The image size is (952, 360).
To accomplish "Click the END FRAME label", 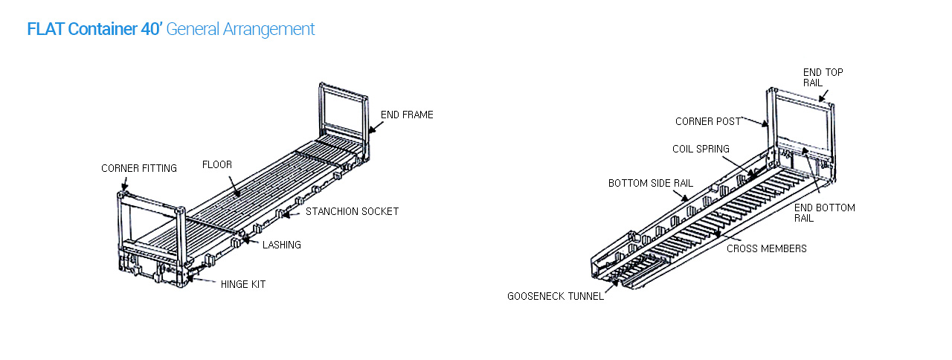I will coord(407,115).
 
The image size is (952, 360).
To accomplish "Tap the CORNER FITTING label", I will coord(139,168).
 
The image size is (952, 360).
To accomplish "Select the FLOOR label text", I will coord(217,164).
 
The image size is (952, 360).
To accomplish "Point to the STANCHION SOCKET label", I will coord(352,211).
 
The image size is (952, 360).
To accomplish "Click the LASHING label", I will coord(281,245).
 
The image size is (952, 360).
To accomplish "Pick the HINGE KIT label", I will coord(242,284).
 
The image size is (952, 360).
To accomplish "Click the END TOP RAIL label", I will coord(823,77).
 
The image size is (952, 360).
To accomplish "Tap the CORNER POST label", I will coord(707,121).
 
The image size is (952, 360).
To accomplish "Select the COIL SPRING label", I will coord(701,149).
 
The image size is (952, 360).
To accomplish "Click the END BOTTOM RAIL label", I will coord(823,213).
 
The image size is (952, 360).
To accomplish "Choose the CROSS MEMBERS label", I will coord(766,248).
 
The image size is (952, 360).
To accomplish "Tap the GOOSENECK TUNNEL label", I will coord(556,296).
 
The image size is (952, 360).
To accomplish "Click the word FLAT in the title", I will coord(45,30).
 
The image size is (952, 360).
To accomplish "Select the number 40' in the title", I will coord(151,30).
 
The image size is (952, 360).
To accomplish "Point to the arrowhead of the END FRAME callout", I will coord(370,132).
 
